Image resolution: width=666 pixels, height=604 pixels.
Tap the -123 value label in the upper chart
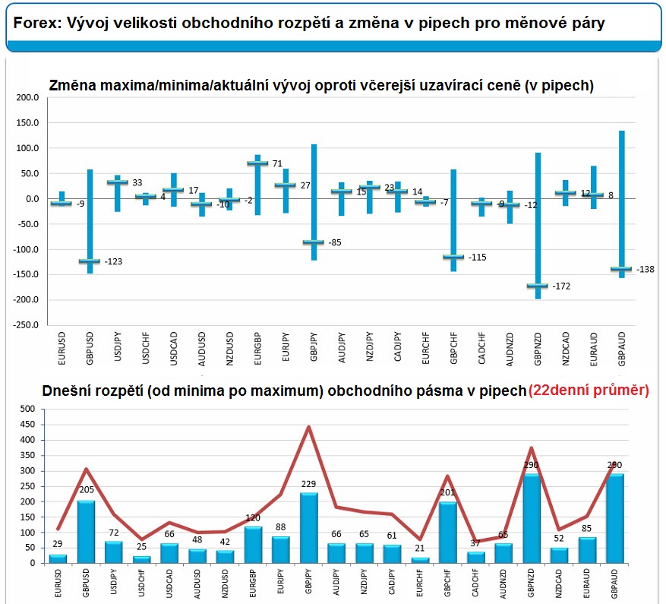pyautogui.click(x=113, y=261)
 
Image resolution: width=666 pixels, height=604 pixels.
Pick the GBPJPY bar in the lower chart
pyautogui.click(x=309, y=528)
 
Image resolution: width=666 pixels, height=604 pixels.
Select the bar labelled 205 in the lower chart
pyautogui.click(x=86, y=532)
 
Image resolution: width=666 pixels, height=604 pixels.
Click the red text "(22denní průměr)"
pyautogui.click(x=589, y=391)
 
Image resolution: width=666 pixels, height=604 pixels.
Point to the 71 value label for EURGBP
pyautogui.click(x=278, y=163)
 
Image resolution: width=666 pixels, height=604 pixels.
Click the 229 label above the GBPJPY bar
pyautogui.click(x=308, y=485)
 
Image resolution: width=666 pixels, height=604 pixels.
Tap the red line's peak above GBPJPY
pyautogui.click(x=309, y=426)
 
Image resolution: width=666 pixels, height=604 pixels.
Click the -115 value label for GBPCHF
pyautogui.click(x=477, y=258)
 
